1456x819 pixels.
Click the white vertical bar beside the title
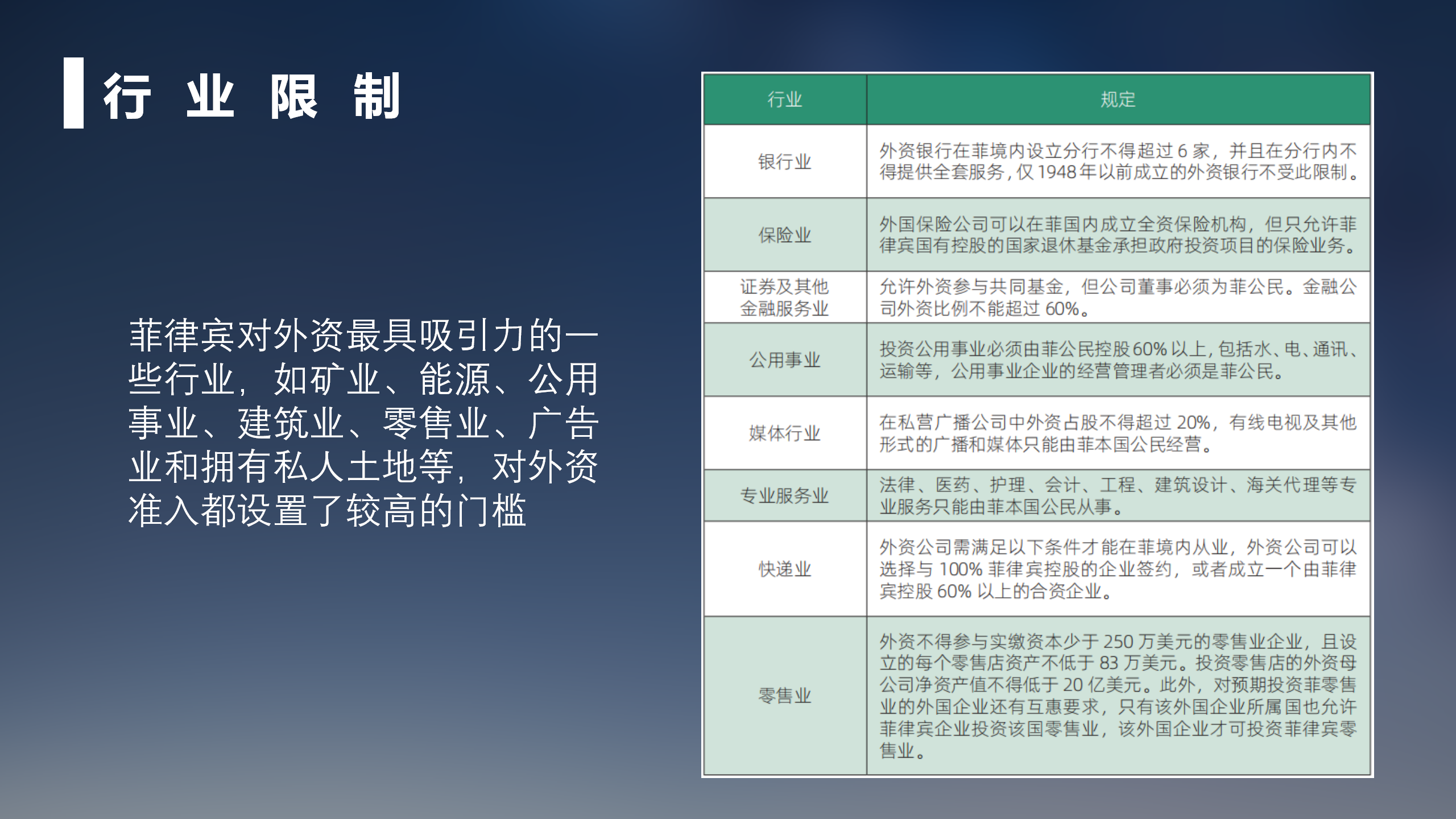[x=73, y=93]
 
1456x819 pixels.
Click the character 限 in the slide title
[x=293, y=96]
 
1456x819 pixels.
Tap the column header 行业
[x=785, y=100]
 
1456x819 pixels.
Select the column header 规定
[x=1118, y=100]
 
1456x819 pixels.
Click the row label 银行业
[x=785, y=162]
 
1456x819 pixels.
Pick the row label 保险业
[x=785, y=235]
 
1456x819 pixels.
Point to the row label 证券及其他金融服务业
[x=785, y=297]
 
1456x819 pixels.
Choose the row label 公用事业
[x=785, y=360]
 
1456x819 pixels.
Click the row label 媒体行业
[x=785, y=433]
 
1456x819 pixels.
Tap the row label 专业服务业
[x=785, y=495]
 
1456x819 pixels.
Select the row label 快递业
[x=785, y=569]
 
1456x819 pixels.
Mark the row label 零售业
[x=785, y=696]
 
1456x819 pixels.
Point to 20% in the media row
[x=1193, y=423]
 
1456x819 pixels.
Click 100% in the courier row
[x=961, y=569]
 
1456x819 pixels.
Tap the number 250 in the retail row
[x=1119, y=642]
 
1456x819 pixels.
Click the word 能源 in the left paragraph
[x=455, y=379]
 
